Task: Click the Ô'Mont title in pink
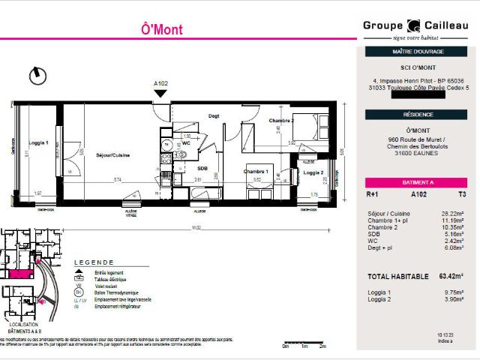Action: (x=161, y=30)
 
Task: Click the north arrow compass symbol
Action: (x=36, y=75)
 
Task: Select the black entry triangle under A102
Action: (x=160, y=93)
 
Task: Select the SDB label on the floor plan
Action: (x=202, y=168)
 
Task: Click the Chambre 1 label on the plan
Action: (x=256, y=171)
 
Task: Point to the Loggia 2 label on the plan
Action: (x=313, y=172)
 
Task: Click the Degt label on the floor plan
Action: (x=214, y=115)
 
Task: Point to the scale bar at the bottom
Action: (x=304, y=343)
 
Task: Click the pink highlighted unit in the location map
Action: (x=21, y=272)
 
